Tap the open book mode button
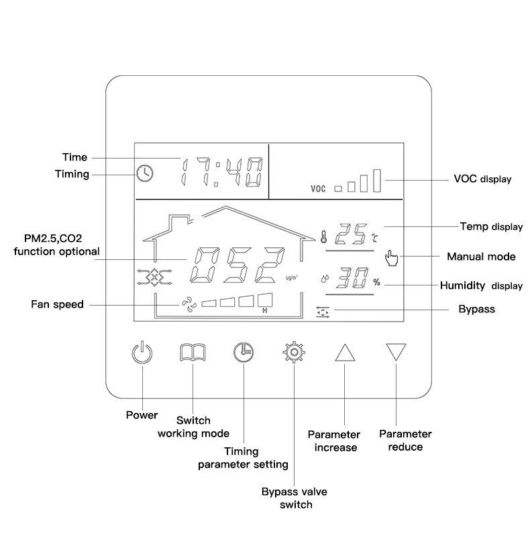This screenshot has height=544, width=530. [193, 353]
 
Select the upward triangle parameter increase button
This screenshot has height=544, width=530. [343, 353]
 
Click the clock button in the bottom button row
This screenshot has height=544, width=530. [244, 353]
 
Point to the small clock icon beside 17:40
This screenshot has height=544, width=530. [144, 173]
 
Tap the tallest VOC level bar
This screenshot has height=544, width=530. [377, 181]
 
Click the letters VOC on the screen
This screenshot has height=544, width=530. [318, 189]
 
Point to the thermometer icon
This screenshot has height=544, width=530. [323, 236]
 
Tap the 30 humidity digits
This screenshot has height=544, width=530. [352, 279]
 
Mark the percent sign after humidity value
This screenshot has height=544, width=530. [376, 282]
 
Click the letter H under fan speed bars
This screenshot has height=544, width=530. [265, 311]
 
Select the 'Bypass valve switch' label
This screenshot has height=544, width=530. [294, 498]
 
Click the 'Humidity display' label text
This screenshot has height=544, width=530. [481, 285]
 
